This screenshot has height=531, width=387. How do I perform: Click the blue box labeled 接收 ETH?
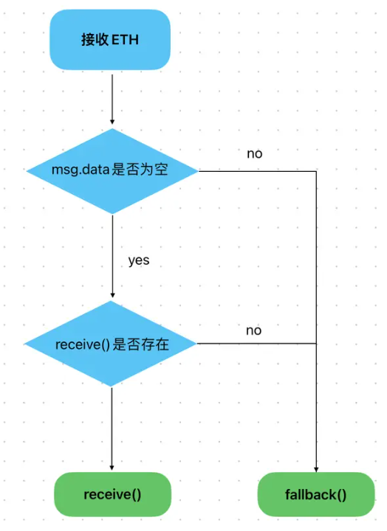pyautogui.click(x=110, y=40)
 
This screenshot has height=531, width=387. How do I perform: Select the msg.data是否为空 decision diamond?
pyautogui.click(x=112, y=171)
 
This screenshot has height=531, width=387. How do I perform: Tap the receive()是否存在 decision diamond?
pyautogui.click(x=111, y=344)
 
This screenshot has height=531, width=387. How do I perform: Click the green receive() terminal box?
pyautogui.click(x=112, y=494)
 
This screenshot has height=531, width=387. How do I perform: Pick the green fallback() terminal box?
pyautogui.click(x=316, y=494)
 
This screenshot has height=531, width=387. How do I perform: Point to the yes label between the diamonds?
pyautogui.click(x=139, y=260)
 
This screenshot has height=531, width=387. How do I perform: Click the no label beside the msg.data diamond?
pyautogui.click(x=254, y=153)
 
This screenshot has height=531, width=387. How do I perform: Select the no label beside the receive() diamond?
pyautogui.click(x=254, y=330)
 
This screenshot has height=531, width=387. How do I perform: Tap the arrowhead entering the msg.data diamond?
pyautogui.click(x=112, y=122)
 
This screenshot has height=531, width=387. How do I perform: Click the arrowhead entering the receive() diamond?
pyautogui.click(x=112, y=295)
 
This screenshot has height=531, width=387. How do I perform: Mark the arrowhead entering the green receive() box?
pyautogui.click(x=112, y=468)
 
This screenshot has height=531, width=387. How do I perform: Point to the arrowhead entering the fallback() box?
pyautogui.click(x=316, y=469)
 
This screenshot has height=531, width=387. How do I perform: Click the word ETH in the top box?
pyautogui.click(x=125, y=40)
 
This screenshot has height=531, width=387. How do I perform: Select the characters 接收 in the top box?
pyautogui.click(x=95, y=40)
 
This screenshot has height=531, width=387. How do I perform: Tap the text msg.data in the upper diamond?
pyautogui.click(x=81, y=169)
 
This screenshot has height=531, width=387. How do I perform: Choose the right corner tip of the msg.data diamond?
pyautogui.click(x=199, y=171)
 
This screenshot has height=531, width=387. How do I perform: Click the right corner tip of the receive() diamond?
pyautogui.click(x=196, y=344)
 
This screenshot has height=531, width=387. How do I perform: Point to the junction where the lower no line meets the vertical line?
pyautogui.click(x=316, y=344)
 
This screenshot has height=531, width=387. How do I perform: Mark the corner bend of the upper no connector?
pyautogui.click(x=316, y=171)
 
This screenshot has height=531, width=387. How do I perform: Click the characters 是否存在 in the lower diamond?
pyautogui.click(x=141, y=344)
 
